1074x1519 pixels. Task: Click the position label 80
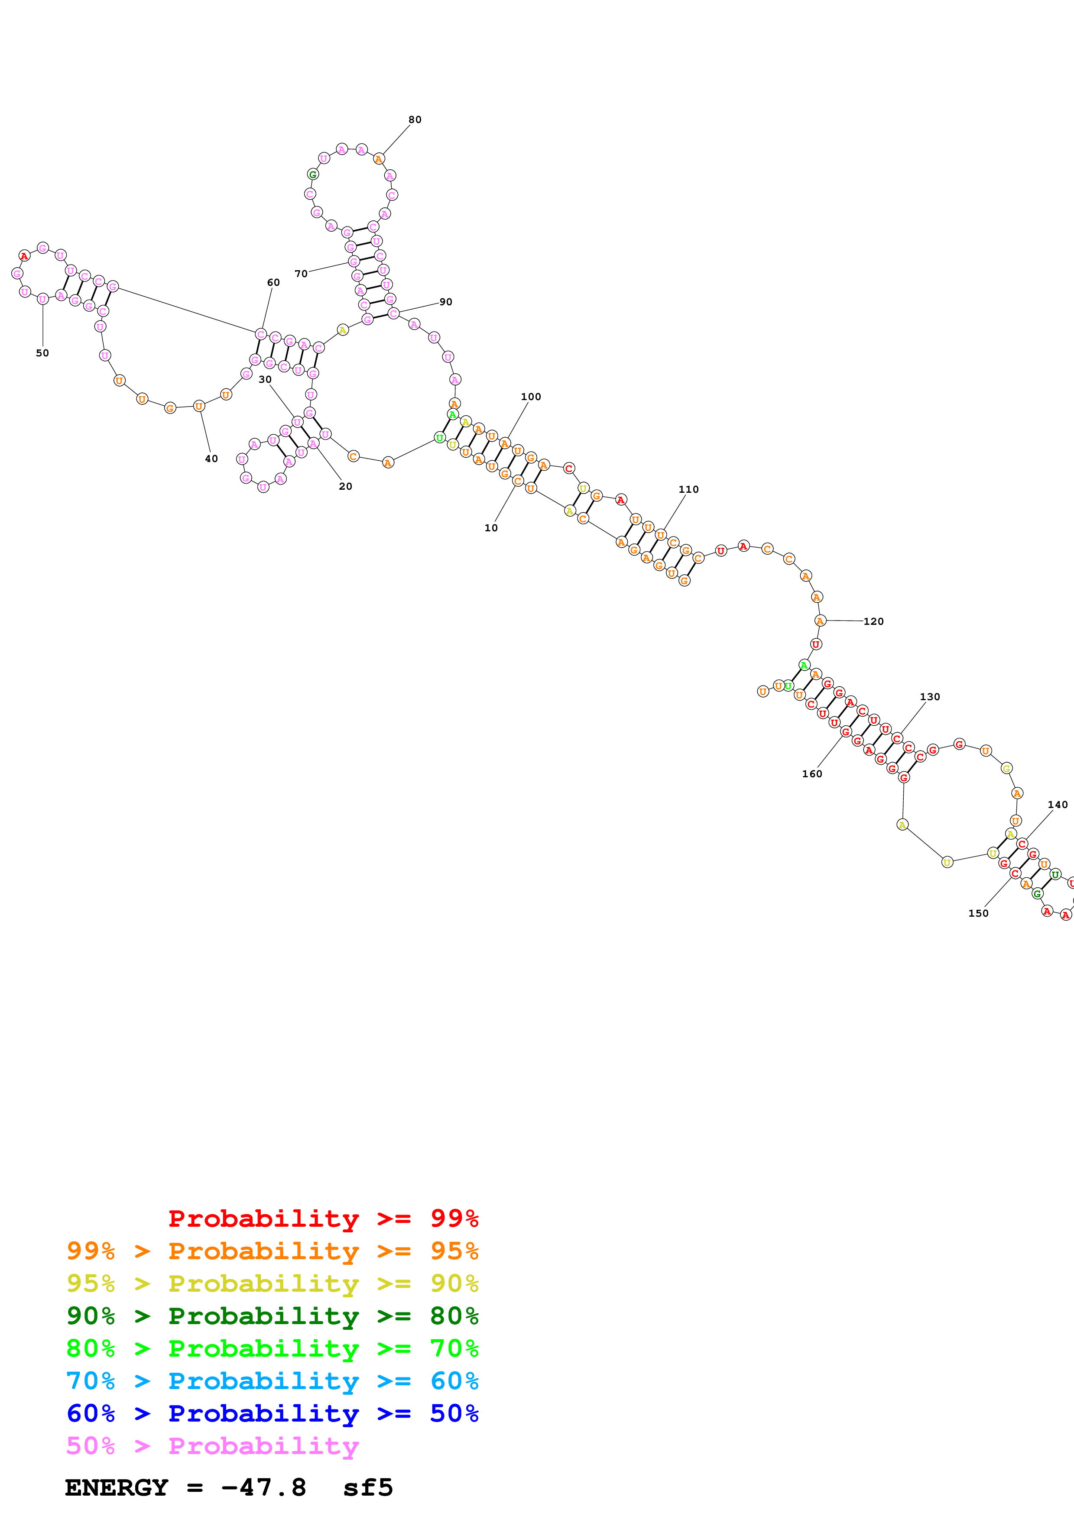[415, 120]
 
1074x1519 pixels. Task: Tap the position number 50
[42, 353]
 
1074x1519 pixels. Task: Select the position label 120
[873, 621]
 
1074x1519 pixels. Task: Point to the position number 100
[531, 397]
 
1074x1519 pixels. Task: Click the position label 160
[812, 774]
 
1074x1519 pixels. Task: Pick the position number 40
[211, 459]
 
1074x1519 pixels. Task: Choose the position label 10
[491, 528]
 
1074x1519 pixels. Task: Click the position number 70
[301, 274]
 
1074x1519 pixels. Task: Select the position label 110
[688, 490]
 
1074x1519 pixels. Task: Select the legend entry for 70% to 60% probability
[272, 1381]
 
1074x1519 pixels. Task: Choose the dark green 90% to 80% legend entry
[272, 1316]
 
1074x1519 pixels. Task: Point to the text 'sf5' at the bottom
[368, 1488]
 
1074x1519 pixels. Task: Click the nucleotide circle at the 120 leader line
[820, 621]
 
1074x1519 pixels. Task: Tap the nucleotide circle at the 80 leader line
[379, 159]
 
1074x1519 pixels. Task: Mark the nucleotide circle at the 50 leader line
[43, 299]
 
